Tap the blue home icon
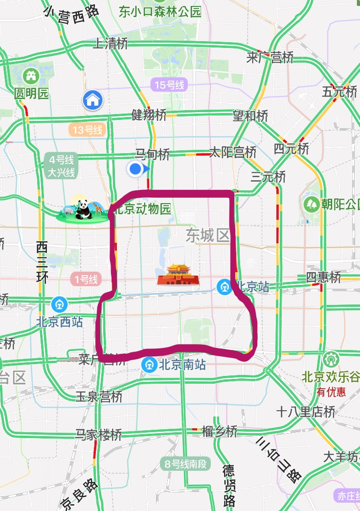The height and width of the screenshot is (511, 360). coord(92,100)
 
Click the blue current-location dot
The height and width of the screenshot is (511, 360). coord(135,169)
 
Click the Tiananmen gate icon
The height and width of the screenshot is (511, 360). coord(178,275)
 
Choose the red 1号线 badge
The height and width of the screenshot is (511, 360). coord(86,279)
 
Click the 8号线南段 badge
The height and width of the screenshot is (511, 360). coord(185,464)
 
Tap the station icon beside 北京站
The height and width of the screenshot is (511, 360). coord(225,286)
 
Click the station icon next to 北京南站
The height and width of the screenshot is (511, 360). coord(149,365)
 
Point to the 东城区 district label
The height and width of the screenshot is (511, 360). coord(208,236)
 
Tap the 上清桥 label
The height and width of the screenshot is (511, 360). coord(110,44)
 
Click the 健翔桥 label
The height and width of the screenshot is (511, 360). coord(149,115)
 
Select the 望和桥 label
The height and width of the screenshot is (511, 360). coord(250,116)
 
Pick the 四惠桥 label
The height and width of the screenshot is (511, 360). coord(323,278)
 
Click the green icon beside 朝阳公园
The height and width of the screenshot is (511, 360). coord(311,204)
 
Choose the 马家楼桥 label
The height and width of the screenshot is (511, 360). coord(98,434)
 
